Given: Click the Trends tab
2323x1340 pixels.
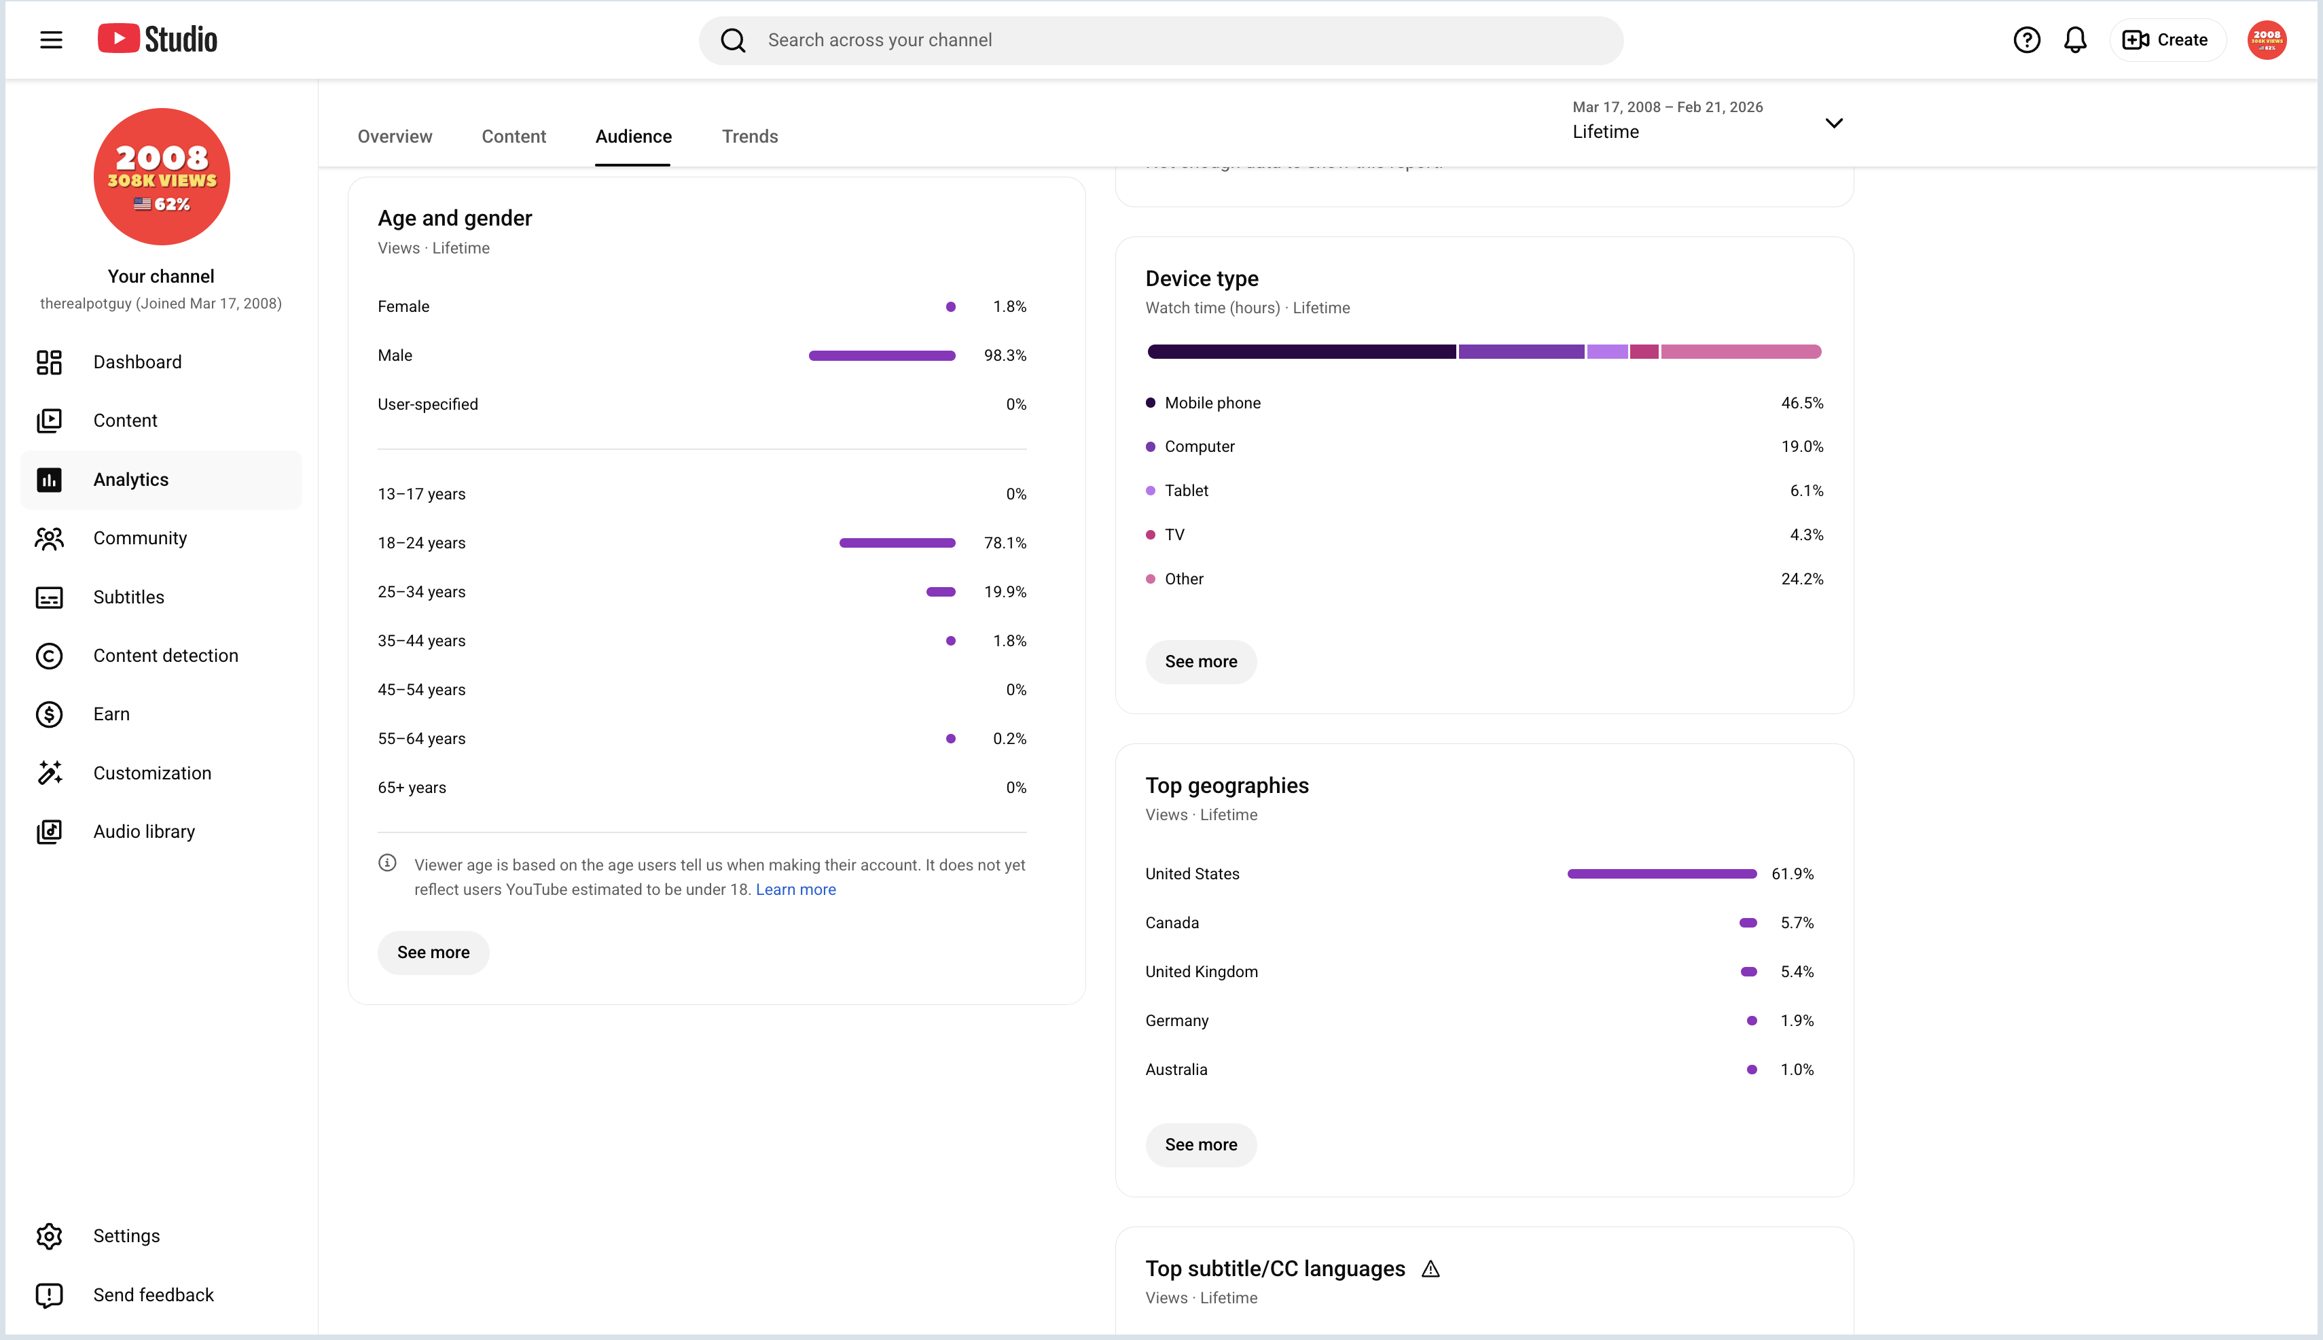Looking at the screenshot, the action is tap(750, 136).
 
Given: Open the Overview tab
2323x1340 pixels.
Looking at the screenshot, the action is tap(395, 136).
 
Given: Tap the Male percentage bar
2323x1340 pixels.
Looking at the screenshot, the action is tap(882, 355).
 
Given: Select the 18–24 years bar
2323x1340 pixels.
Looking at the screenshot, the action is tap(897, 543).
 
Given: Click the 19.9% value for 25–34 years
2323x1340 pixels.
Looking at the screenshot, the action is tap(1005, 592).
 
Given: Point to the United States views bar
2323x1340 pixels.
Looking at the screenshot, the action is tap(1661, 873).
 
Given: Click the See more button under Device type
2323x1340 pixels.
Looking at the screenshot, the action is tap(1201, 662).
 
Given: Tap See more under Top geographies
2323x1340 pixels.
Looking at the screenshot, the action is tap(1201, 1145).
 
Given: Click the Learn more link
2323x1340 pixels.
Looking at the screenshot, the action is tap(796, 889).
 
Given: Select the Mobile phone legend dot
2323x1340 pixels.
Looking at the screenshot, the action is tap(1150, 403).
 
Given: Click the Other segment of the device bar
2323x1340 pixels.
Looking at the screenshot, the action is tap(1741, 351).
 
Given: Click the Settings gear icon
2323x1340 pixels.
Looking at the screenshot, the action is tap(49, 1236).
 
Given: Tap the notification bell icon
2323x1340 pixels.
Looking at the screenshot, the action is tap(2076, 39).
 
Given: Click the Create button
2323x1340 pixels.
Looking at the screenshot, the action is tap(2165, 39).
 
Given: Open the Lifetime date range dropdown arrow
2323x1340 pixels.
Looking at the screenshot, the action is tap(1833, 123).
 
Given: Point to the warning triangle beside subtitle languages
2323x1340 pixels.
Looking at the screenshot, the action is tap(1430, 1269).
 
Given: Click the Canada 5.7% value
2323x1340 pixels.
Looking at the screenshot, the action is tap(1797, 923).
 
